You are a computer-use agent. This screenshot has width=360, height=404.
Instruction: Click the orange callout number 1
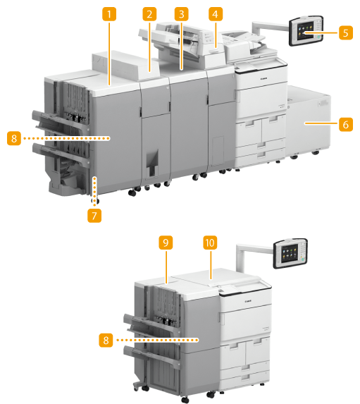pyautogui.click(x=109, y=14)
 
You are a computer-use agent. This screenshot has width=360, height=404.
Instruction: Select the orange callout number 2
pyautogui.click(x=149, y=14)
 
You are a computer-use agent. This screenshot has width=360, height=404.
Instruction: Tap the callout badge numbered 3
pyautogui.click(x=181, y=14)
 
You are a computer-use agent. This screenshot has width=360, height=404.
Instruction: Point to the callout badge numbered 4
pyautogui.click(x=216, y=14)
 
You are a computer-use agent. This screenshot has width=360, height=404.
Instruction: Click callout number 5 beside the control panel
pyautogui.click(x=346, y=33)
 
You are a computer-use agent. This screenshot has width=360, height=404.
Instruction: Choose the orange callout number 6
pyautogui.click(x=346, y=125)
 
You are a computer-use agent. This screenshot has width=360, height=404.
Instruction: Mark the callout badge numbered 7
pyautogui.click(x=94, y=216)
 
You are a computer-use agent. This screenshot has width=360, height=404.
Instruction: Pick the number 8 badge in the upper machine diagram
pyautogui.click(x=14, y=138)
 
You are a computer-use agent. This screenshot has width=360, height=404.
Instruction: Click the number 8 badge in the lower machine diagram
pyautogui.click(x=106, y=340)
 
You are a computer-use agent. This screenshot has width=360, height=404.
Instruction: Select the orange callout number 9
pyautogui.click(x=166, y=243)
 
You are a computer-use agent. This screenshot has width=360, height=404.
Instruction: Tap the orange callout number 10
pyautogui.click(x=210, y=243)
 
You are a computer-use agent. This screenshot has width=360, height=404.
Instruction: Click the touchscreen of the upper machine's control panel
pyautogui.click(x=306, y=31)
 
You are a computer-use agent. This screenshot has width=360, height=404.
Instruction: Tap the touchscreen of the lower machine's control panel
pyautogui.click(x=290, y=253)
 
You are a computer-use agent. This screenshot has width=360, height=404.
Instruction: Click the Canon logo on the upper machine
pyautogui.click(x=264, y=78)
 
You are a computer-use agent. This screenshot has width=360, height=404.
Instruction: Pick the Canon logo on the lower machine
pyautogui.click(x=248, y=300)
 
